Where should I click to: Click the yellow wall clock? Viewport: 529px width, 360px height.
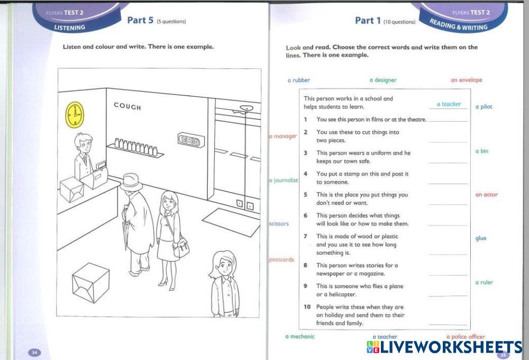tap(75, 115)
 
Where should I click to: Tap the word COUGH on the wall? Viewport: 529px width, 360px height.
tap(127, 106)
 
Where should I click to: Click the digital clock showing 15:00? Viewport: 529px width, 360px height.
tap(191, 140)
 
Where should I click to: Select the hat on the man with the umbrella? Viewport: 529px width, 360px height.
tap(131, 182)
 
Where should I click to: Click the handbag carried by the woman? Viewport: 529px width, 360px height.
tap(181, 247)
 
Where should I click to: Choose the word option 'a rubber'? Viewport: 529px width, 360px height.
tap(298, 80)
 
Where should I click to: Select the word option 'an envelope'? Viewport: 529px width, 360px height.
tap(467, 80)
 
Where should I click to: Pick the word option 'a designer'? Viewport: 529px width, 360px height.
tap(383, 80)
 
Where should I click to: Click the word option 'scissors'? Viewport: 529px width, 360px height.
tap(279, 223)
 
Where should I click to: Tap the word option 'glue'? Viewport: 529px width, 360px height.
tap(481, 238)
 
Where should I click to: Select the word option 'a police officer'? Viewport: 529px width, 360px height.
tap(466, 336)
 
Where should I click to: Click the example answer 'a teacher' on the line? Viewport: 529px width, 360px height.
tap(449, 104)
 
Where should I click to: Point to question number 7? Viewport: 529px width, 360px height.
tap(305, 237)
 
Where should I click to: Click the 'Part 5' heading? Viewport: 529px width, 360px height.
tap(140, 20)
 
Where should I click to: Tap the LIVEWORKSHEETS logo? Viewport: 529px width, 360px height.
tap(444, 347)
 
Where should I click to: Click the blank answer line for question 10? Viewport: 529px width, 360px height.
tap(448, 325)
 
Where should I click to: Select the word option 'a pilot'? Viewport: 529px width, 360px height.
tap(484, 107)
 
